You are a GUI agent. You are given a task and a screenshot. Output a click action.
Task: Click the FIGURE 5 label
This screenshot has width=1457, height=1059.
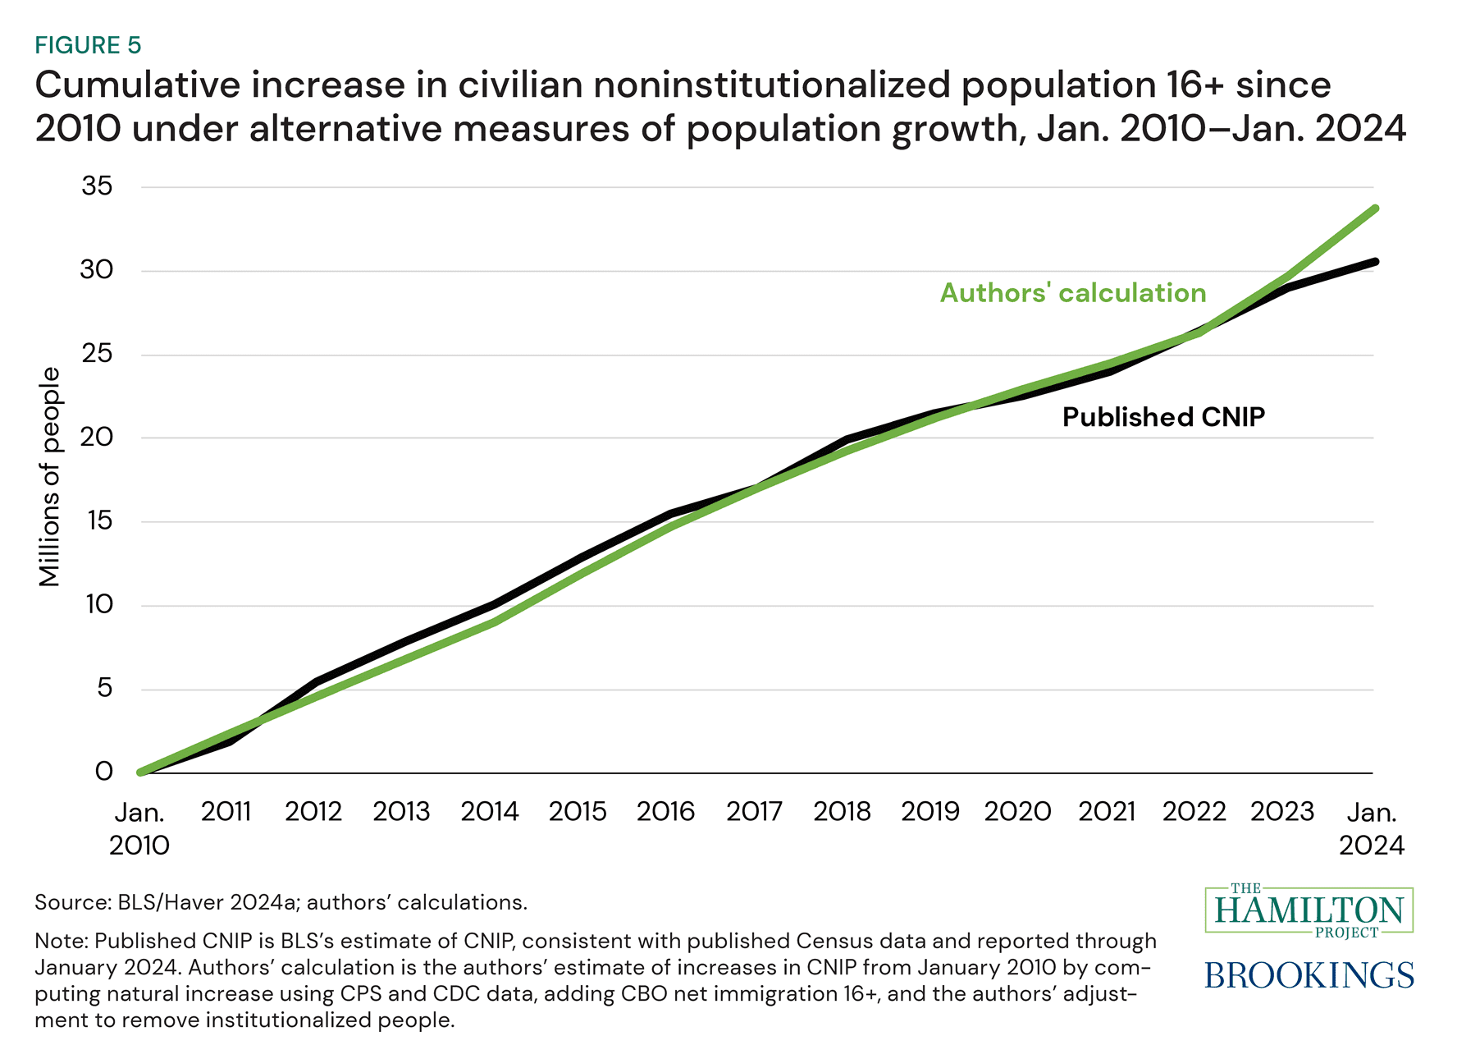tap(88, 45)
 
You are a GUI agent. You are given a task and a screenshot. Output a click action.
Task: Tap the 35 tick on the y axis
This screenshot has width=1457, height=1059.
tap(97, 186)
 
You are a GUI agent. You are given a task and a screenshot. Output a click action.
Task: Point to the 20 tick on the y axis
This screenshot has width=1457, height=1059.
tap(97, 437)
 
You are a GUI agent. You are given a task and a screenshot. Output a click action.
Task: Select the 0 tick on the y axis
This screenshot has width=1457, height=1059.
tap(104, 772)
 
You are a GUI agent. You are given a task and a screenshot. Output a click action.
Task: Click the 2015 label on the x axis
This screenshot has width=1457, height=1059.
tap(578, 812)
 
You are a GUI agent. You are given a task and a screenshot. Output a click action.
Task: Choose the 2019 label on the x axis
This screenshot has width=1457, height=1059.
tap(930, 812)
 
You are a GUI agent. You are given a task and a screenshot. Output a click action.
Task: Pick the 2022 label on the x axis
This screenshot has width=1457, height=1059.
tap(1194, 812)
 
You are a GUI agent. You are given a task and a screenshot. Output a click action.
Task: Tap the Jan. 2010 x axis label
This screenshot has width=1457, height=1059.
tap(139, 828)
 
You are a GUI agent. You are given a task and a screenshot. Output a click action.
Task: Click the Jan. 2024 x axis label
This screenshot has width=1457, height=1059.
tap(1372, 828)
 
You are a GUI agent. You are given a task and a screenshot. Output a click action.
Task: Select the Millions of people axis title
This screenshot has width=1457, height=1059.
tap(50, 477)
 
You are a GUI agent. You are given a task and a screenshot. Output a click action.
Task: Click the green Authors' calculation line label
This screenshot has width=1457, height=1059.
tap(1073, 293)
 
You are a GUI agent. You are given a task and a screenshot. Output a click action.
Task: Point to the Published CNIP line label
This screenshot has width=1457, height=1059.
tap(1163, 417)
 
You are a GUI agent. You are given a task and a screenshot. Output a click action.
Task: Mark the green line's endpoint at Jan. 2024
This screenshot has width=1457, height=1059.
tap(1375, 209)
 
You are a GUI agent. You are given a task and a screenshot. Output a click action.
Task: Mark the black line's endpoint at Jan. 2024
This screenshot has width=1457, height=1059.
tap(1375, 262)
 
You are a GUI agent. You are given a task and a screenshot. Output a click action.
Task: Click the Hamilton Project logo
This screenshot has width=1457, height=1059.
tap(1309, 910)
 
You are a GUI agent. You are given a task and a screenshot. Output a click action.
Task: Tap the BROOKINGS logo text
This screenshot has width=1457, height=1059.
tap(1309, 975)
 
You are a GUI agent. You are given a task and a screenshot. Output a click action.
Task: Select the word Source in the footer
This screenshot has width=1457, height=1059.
tap(71, 902)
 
